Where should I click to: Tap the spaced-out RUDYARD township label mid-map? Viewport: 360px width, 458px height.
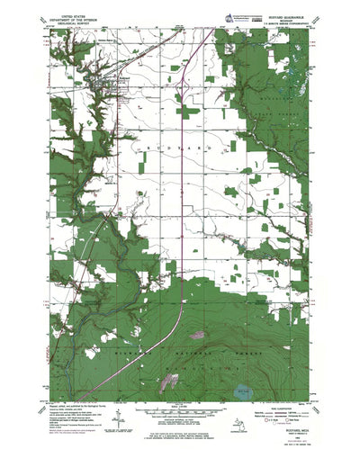[175, 143]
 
